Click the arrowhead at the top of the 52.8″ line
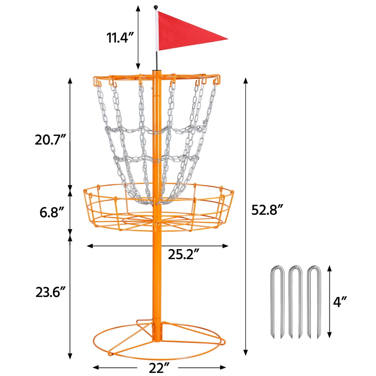246,80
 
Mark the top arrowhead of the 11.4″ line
138,8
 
